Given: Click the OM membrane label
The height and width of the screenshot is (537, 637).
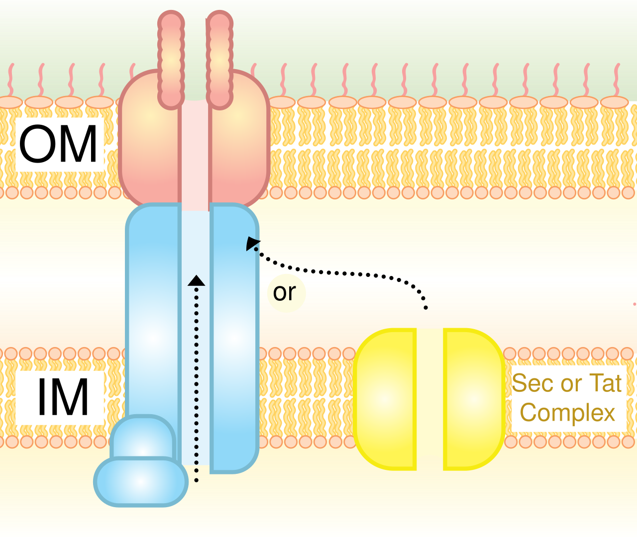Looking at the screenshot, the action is point(58,144).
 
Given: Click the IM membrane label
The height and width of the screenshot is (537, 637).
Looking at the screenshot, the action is point(63,397).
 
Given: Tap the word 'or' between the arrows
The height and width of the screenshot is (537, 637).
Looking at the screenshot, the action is point(284,292).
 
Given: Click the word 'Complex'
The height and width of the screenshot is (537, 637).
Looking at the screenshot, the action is point(567,413).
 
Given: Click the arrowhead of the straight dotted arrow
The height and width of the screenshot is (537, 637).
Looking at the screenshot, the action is point(196,281).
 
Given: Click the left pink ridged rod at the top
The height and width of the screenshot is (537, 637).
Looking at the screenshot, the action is point(171,60).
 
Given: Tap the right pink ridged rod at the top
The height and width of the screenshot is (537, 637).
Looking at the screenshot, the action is point(219,60).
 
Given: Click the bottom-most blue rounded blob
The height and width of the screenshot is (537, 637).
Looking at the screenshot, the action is point(141,481).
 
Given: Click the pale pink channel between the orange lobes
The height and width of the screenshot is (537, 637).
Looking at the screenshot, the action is point(195,156).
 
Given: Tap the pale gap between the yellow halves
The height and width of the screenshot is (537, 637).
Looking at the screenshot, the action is point(430,399).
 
